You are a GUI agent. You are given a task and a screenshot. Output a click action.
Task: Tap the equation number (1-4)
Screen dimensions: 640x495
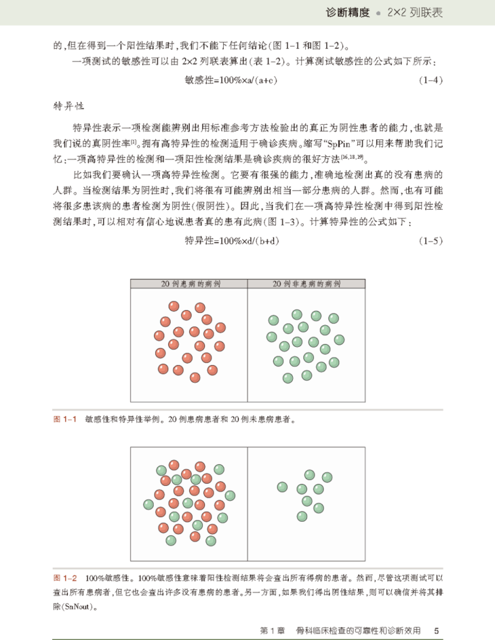click(x=430, y=80)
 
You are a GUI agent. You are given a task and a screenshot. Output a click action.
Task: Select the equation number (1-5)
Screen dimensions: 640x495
click(x=430, y=240)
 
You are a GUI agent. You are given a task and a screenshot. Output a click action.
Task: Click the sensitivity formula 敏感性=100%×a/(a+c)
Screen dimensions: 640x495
click(x=233, y=80)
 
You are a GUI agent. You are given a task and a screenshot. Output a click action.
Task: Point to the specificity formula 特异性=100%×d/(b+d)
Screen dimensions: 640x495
click(x=234, y=240)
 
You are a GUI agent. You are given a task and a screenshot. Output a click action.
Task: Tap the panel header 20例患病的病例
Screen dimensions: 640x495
click(x=189, y=283)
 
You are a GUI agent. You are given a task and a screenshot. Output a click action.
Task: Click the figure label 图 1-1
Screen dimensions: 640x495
click(x=66, y=419)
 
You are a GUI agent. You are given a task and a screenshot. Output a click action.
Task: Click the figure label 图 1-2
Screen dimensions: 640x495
click(x=66, y=578)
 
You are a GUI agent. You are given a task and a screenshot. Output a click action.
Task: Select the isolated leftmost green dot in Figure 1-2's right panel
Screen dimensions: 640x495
click(x=283, y=486)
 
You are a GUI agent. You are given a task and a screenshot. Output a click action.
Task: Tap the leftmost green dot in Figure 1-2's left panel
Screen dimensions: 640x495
click(x=148, y=504)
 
